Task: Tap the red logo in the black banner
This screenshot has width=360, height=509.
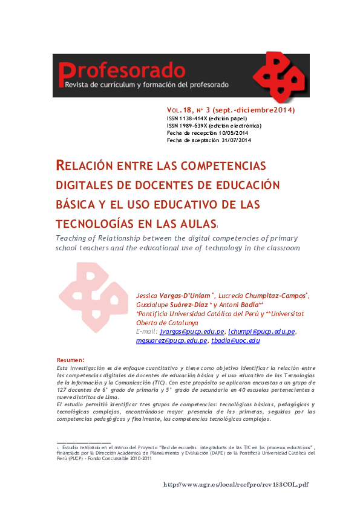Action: pyautogui.click(x=277, y=76)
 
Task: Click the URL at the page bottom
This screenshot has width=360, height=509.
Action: pyautogui.click(x=237, y=484)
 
